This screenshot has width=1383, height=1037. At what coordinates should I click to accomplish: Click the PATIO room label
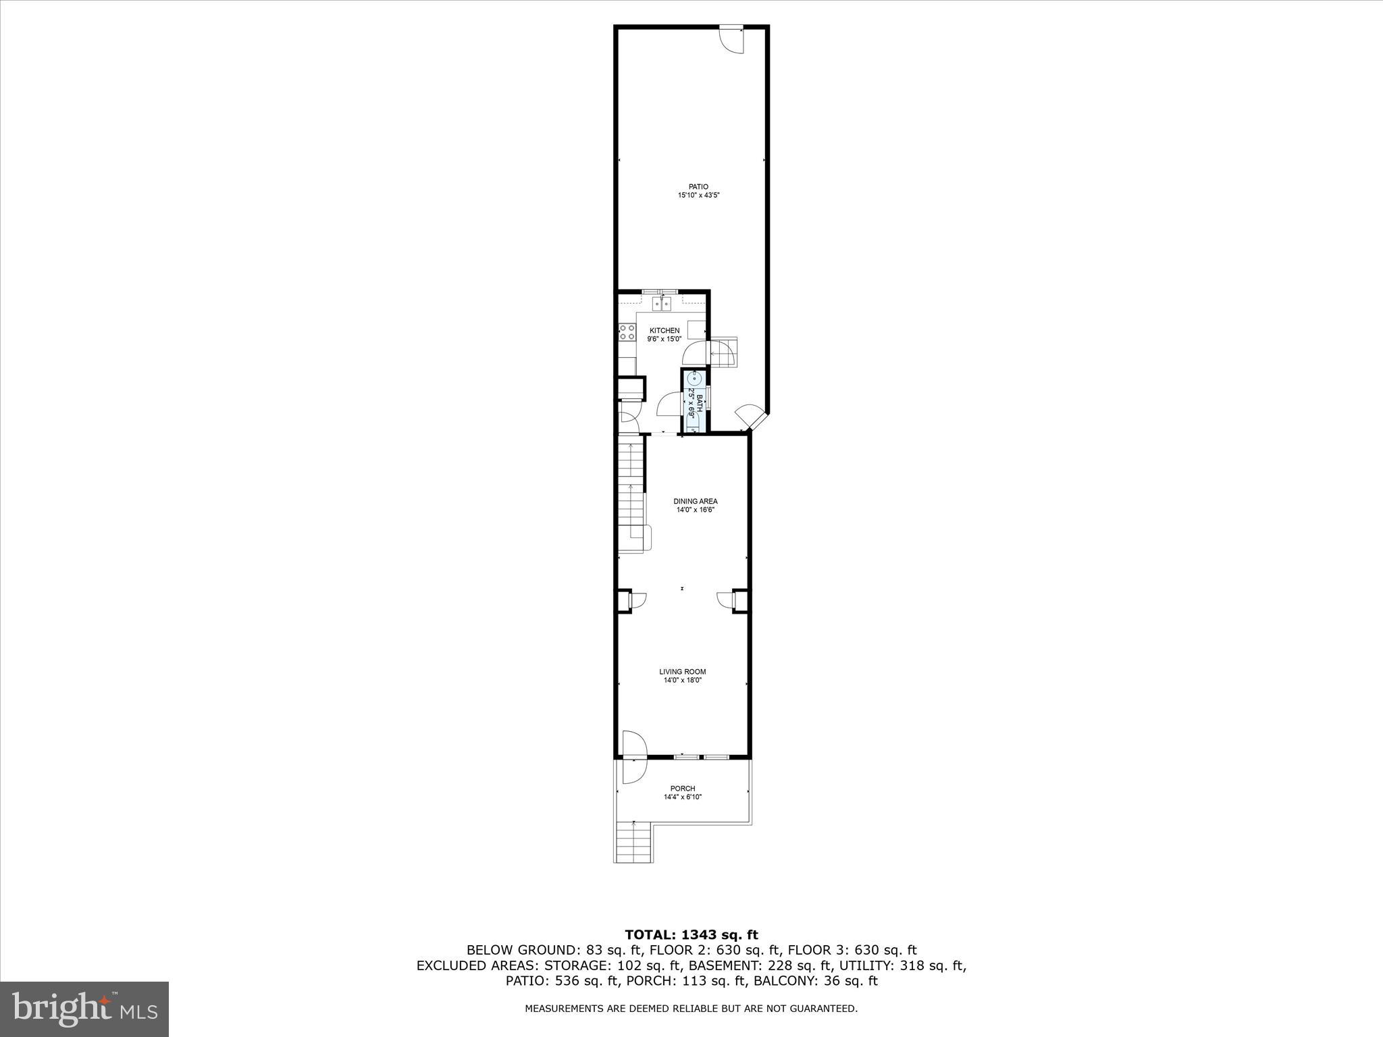point(698,187)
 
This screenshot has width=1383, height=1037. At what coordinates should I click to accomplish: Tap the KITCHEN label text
point(664,330)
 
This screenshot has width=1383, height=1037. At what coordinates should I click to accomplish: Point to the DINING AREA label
point(695,502)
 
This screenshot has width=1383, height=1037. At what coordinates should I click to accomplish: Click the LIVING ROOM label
point(683,672)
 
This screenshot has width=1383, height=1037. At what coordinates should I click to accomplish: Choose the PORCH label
point(683,789)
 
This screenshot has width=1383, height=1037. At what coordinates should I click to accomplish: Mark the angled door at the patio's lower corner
point(750,417)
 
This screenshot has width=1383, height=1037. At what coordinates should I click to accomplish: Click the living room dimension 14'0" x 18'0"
point(683,681)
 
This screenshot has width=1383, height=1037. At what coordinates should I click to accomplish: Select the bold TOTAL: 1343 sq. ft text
point(691,935)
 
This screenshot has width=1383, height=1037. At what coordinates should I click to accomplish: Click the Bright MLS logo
point(84,1009)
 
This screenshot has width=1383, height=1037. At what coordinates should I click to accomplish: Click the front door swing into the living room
point(633,745)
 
